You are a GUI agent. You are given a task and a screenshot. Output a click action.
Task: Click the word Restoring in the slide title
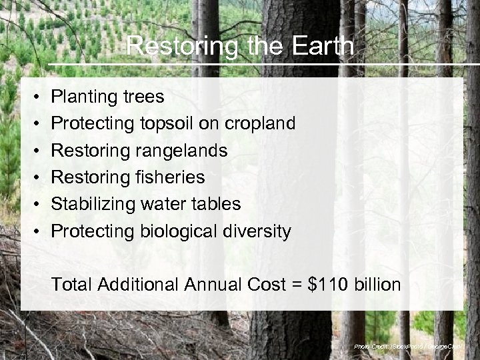[x=169, y=47]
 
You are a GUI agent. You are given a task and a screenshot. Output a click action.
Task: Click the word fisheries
[x=171, y=177]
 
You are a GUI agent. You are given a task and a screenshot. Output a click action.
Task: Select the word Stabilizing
[x=94, y=204]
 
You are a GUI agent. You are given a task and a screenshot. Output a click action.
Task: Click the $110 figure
[x=327, y=285]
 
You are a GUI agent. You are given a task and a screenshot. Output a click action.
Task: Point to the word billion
[x=377, y=285]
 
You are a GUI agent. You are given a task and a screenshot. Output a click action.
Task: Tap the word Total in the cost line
[x=72, y=285]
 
